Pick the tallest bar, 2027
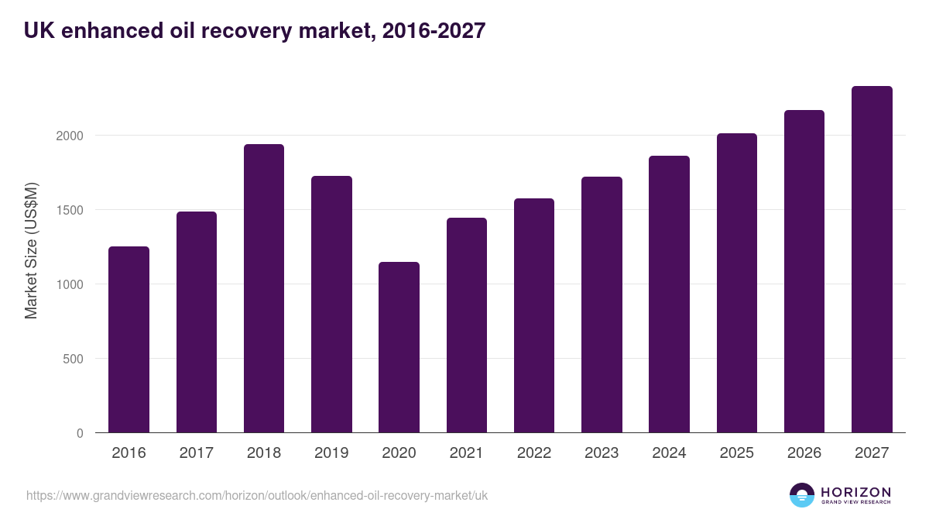tap(872, 260)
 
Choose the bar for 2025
tap(737, 283)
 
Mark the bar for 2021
tap(467, 325)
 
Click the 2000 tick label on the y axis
tap(69, 136)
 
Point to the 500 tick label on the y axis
tap(72, 359)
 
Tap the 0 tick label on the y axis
tap(80, 433)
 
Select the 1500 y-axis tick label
tap(69, 210)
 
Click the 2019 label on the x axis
tap(331, 453)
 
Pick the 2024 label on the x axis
tap(669, 453)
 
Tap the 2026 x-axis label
tap(804, 453)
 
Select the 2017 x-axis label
tap(196, 453)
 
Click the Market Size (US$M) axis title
tap(31, 251)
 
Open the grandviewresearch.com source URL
tap(257, 495)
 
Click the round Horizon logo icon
tap(802, 495)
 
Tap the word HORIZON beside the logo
tap(855, 492)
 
